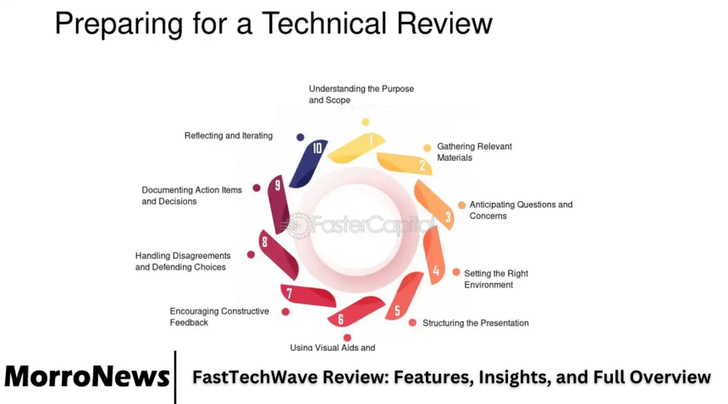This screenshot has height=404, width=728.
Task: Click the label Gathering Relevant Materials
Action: click(474, 152)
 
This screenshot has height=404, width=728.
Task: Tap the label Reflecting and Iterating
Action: click(229, 136)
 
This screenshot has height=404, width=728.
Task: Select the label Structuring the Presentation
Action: click(476, 323)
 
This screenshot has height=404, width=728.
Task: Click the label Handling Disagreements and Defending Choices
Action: click(183, 261)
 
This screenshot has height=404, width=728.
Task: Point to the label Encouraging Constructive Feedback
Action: click(219, 316)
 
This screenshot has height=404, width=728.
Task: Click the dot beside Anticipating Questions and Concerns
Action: click(461, 205)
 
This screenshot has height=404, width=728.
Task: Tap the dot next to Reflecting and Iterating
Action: click(301, 136)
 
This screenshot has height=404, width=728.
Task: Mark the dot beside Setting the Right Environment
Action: click(456, 272)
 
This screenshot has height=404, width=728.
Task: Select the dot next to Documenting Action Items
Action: click(256, 188)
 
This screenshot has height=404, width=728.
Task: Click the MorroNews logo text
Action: click(87, 376)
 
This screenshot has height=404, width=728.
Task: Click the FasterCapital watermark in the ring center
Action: click(360, 225)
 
